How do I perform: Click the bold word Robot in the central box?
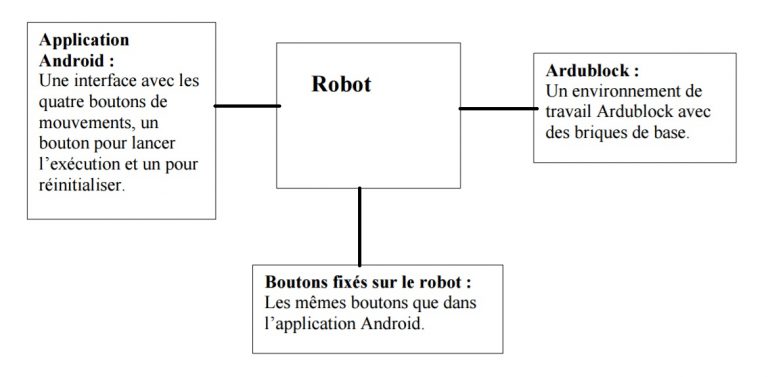341,85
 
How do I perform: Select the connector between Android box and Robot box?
247,105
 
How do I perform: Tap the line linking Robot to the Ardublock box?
496,107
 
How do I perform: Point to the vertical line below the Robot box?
359,226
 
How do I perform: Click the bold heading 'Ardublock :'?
592,72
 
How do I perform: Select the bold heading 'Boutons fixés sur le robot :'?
367,282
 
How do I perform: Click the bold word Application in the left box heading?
84,40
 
